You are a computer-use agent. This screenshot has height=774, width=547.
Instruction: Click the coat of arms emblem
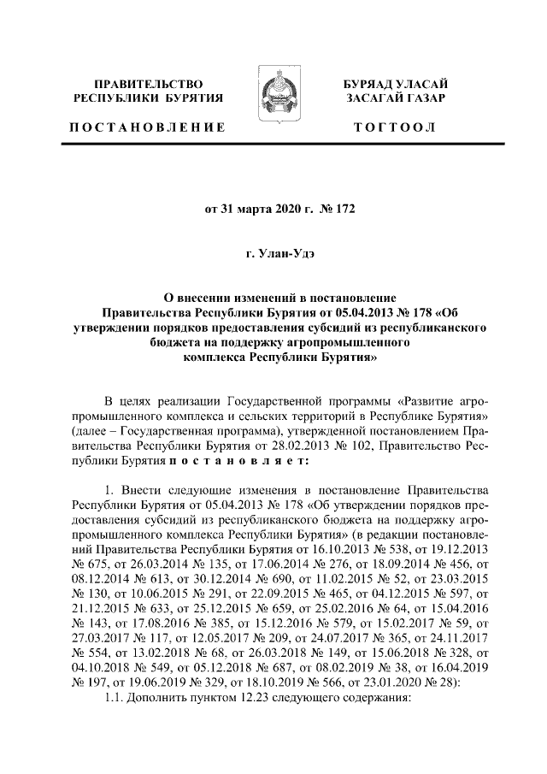273,102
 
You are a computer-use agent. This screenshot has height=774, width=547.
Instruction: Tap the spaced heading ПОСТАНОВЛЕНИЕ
148,127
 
